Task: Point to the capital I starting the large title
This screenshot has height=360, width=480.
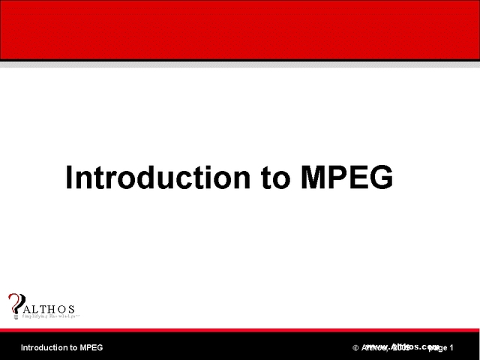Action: (x=70, y=178)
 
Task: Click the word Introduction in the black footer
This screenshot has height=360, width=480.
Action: (x=43, y=348)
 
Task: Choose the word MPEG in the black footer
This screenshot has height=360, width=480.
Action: (x=91, y=348)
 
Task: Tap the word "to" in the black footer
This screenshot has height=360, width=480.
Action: (x=73, y=348)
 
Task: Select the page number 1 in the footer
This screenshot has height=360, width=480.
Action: (x=452, y=348)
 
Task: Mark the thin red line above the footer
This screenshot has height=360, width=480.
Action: (x=240, y=329)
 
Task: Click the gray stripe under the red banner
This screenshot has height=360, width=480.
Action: (x=240, y=64)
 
